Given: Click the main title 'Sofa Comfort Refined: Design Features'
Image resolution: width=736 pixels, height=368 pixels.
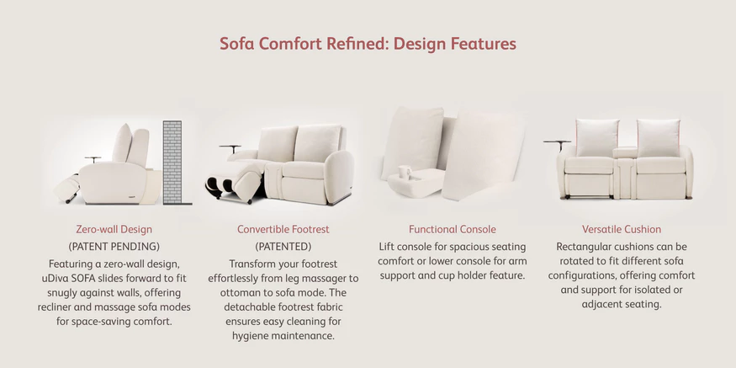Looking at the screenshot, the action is (368, 44).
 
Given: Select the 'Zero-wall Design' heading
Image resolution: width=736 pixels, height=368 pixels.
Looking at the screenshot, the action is (114, 229).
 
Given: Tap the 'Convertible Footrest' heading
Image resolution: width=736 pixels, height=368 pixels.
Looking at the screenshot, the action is (283, 229).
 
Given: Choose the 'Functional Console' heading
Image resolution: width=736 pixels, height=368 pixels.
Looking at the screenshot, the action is (452, 229).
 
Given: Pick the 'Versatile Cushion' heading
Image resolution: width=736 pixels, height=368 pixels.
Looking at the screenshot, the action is (622, 229).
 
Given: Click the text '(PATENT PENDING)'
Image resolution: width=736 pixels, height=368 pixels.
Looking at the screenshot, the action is (114, 246).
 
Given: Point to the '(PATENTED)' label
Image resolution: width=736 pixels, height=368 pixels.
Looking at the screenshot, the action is (283, 246).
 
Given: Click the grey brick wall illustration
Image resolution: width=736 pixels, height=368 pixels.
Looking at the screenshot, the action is (172, 163).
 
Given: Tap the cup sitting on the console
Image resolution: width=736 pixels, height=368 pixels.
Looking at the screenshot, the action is (404, 172).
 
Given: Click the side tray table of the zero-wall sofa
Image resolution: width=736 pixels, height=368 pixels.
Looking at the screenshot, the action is (93, 158).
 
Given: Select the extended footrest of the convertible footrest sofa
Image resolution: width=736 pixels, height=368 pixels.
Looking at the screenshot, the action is (234, 182).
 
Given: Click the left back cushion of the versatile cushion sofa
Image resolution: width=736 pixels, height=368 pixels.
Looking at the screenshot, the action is (597, 138).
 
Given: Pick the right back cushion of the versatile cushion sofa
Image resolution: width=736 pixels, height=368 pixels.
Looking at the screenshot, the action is (659, 138).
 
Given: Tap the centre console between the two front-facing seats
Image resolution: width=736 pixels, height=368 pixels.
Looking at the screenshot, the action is (625, 172).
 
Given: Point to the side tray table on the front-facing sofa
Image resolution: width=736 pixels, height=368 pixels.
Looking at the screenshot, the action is (558, 143).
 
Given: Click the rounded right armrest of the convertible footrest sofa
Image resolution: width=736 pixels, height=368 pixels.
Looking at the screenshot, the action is (338, 177).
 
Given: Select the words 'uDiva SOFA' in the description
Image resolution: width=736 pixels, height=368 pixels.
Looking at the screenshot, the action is (66, 278).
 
